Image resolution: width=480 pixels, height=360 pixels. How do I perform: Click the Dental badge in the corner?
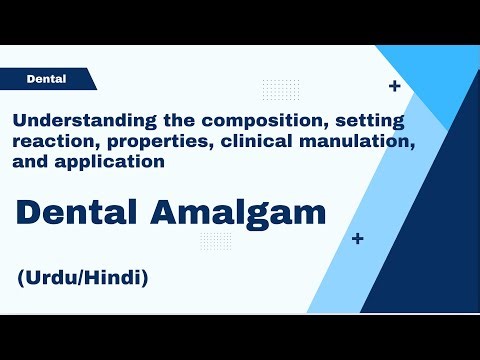point(46,77)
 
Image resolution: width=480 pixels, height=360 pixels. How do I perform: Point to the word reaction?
point(48,142)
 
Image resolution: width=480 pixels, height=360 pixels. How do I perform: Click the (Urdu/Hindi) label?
point(82,278)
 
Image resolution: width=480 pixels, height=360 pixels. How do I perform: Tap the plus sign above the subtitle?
point(394,87)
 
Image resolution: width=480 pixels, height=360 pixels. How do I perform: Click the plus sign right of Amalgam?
point(357,239)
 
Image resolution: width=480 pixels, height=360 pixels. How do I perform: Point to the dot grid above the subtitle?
point(280,89)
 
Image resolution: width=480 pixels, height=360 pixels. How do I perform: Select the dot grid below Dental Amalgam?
point(215,240)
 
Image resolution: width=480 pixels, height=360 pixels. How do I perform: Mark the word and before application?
point(31,161)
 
